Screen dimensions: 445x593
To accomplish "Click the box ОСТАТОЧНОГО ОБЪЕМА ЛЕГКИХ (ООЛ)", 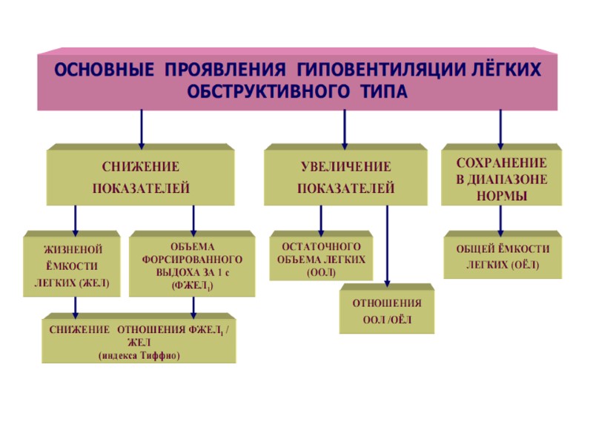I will click(321, 258).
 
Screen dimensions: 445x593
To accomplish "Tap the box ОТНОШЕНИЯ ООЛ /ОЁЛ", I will click(387, 311).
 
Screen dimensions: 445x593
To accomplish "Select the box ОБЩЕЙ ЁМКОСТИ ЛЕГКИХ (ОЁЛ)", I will click(502, 255).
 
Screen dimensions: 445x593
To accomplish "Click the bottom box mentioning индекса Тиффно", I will click(139, 342).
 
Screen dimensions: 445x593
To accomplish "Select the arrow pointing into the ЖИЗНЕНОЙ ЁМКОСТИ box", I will click(75, 220).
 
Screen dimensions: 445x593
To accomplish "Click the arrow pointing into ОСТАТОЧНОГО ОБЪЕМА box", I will click(321, 220).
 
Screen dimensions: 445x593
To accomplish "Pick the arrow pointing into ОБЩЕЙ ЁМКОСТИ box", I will click(501, 220).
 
